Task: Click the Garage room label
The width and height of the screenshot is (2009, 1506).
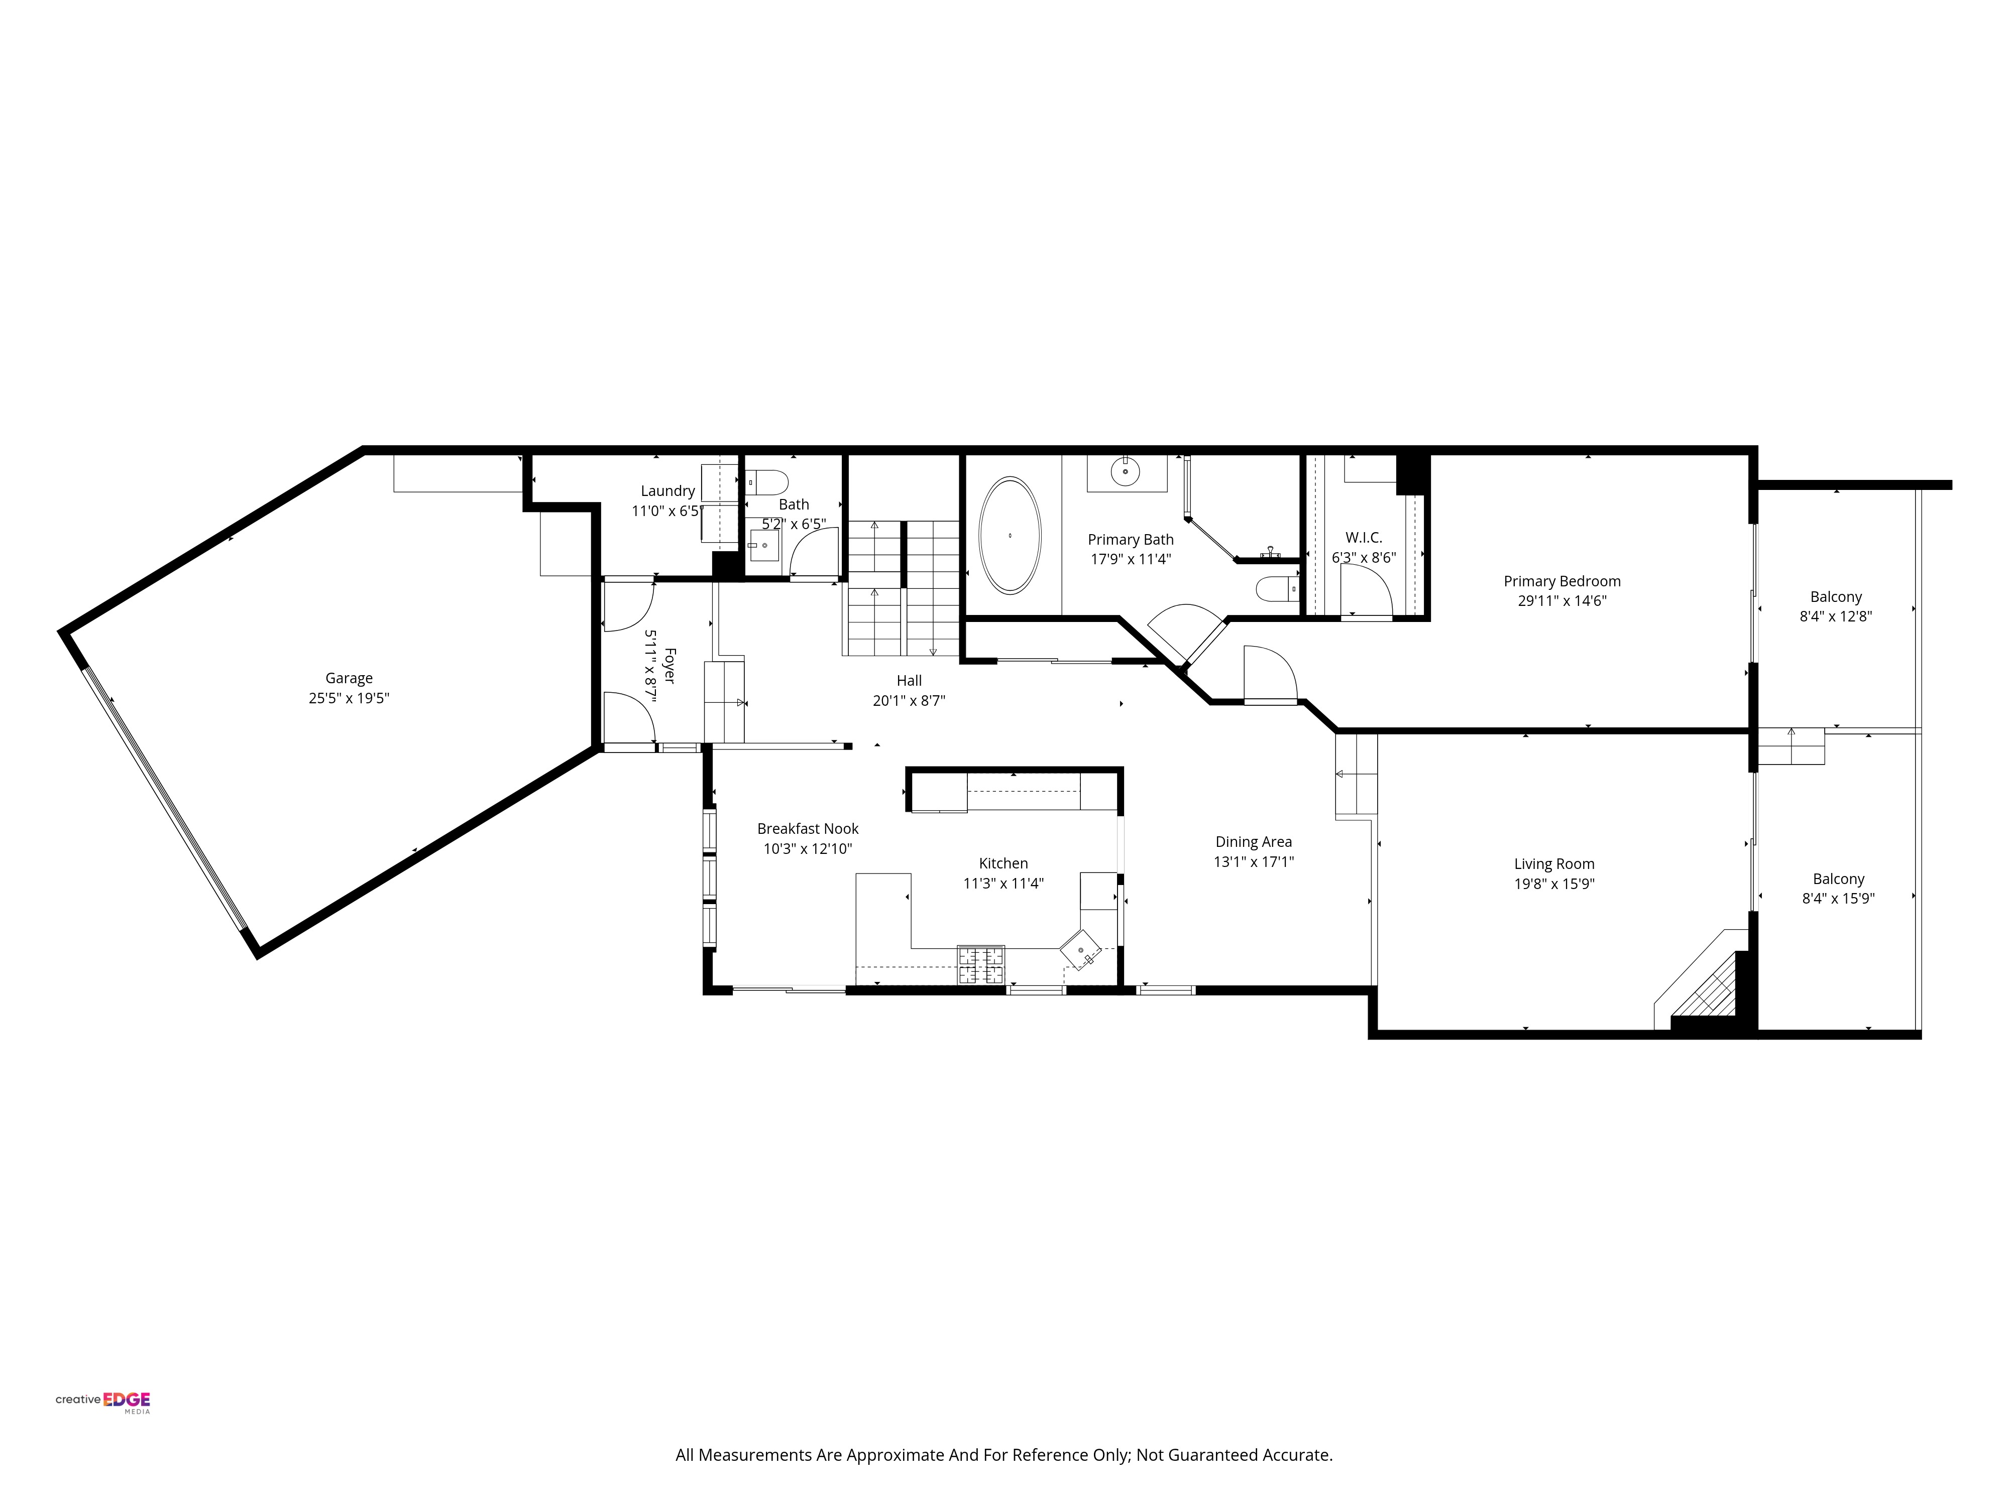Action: pos(349,678)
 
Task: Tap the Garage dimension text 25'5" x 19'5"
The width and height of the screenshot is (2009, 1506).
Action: pos(349,698)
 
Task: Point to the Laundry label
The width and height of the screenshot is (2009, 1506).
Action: pos(667,491)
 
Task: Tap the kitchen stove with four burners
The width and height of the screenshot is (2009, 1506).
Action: pos(981,965)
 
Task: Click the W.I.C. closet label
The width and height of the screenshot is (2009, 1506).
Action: pos(1363,538)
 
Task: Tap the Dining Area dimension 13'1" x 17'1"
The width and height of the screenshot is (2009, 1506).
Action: pos(1253,861)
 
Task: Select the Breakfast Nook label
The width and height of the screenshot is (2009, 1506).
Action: pos(808,829)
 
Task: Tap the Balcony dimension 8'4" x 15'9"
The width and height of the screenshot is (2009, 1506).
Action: pos(1838,899)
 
